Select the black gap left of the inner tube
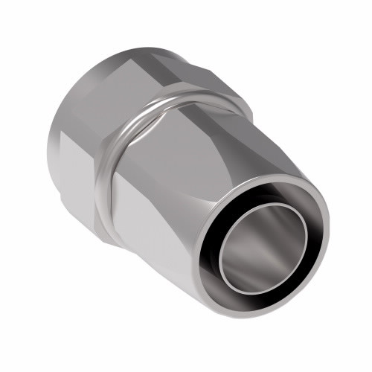[214, 246]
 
